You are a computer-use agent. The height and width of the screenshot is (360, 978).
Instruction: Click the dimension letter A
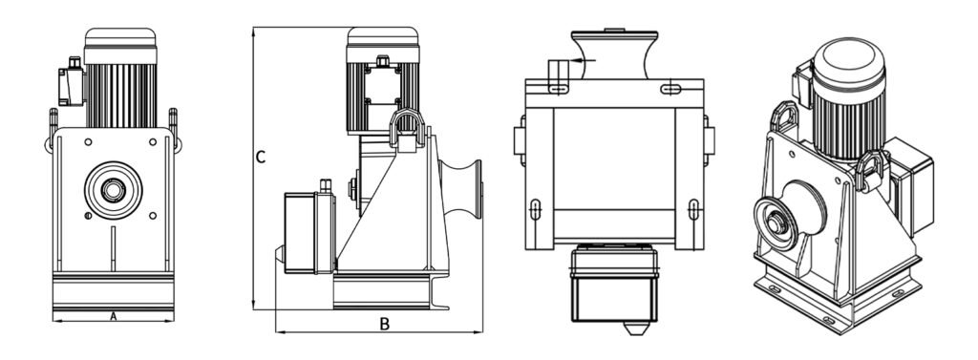click(x=113, y=316)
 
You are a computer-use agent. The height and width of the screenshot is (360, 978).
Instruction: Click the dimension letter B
click(x=385, y=324)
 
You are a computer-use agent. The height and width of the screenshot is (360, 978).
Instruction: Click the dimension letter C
click(x=261, y=158)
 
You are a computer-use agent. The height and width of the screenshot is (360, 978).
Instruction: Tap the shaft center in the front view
click(x=114, y=190)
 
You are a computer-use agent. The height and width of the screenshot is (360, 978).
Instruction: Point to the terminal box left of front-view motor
click(x=71, y=84)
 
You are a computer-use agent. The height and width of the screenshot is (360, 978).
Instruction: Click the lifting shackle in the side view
click(x=407, y=129)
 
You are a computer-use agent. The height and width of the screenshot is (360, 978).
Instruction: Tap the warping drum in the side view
click(x=461, y=189)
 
